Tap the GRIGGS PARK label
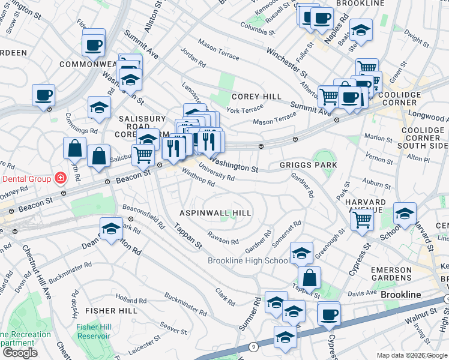tap(308, 164)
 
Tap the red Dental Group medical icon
tap(60, 178)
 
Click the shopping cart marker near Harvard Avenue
tap(363, 220)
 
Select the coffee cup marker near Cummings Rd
tap(43, 95)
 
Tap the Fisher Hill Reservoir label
tap(93, 331)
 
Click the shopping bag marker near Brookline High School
tap(309, 278)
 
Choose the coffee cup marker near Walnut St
tap(329, 315)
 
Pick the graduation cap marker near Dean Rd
tap(111, 229)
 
